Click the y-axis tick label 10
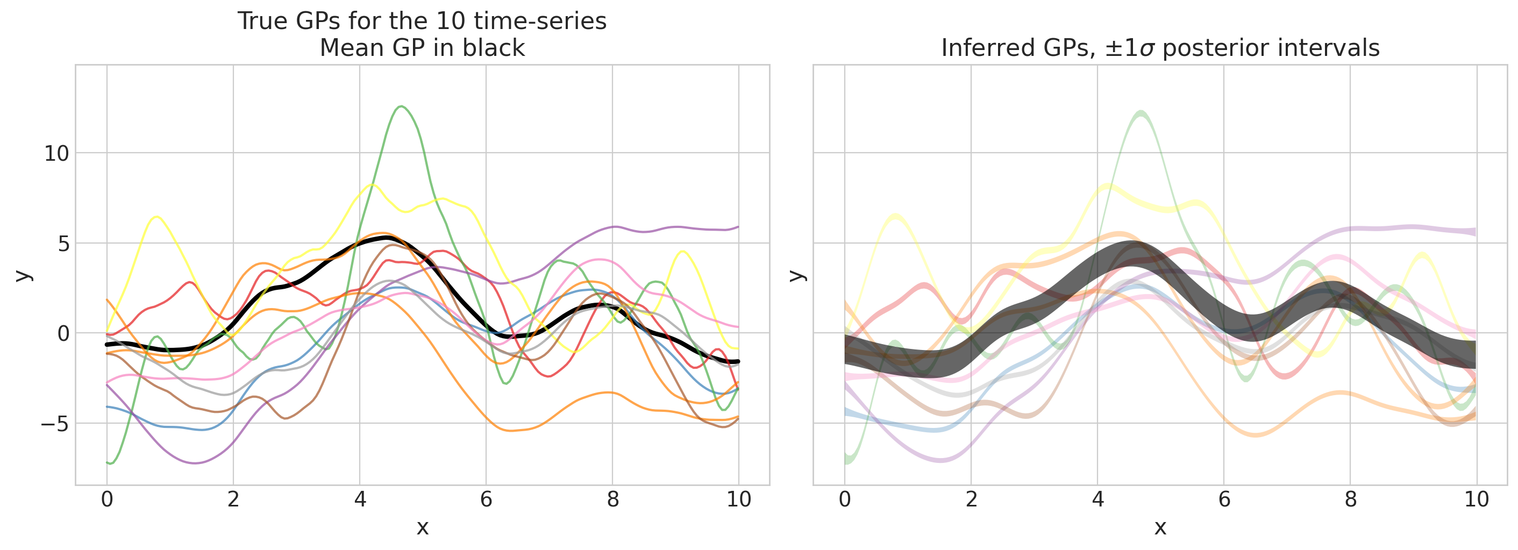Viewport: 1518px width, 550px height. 56,154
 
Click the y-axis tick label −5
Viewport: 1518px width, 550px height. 54,424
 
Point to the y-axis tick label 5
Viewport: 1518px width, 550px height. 63,244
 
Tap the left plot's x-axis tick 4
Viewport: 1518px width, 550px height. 359,500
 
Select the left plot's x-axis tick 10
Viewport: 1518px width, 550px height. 738,500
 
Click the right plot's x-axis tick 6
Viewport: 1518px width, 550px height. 1224,500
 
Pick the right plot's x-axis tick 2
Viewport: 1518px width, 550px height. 971,500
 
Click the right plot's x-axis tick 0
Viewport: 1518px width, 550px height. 844,500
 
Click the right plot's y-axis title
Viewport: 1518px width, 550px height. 797,275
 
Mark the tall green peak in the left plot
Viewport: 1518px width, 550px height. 401,106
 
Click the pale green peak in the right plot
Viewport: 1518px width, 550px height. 1142,112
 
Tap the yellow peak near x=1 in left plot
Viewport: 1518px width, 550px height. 156,217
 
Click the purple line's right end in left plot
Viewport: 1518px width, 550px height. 738,227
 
